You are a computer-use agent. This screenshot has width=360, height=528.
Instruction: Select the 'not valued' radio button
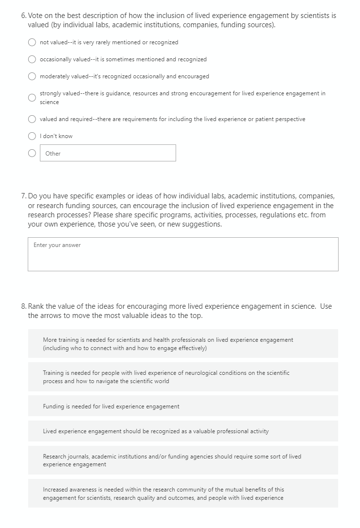(x=32, y=42)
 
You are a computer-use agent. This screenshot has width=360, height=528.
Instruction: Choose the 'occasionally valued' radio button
(x=32, y=59)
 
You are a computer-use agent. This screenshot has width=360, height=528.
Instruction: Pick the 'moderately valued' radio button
(x=32, y=76)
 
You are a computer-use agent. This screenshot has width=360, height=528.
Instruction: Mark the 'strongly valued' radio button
(x=32, y=98)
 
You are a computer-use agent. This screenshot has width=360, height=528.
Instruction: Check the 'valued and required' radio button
(x=32, y=119)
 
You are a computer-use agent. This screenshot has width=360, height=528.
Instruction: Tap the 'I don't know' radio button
(x=32, y=136)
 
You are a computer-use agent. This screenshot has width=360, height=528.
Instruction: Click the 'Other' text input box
(x=108, y=153)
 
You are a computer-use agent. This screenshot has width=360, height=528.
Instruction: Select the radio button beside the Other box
(x=32, y=153)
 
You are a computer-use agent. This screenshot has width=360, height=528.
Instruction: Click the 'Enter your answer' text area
(x=183, y=254)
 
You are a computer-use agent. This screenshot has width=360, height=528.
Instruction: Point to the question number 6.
(x=24, y=16)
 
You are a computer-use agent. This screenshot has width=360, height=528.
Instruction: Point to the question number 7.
(x=24, y=196)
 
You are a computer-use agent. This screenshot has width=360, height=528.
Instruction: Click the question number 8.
(x=24, y=306)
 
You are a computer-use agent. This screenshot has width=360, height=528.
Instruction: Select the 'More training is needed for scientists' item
(x=183, y=344)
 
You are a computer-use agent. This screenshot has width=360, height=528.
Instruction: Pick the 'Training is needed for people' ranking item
(x=183, y=377)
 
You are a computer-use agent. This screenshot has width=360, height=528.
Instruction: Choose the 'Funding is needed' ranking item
(x=183, y=406)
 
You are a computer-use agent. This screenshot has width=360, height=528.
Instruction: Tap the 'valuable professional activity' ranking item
(x=183, y=431)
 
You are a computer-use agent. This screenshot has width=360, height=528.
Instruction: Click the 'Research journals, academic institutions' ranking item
(x=183, y=460)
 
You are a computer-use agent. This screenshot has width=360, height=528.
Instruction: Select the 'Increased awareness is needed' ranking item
(x=183, y=493)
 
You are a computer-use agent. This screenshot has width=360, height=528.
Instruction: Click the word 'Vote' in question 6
(x=36, y=16)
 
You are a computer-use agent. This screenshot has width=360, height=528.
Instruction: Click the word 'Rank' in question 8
(x=36, y=306)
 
